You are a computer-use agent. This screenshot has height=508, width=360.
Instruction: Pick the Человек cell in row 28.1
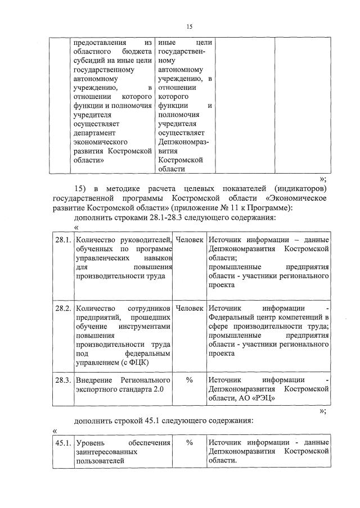pos(190,240)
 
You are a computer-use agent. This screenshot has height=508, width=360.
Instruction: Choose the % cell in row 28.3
pos(190,380)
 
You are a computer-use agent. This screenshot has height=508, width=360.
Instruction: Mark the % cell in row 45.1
pos(190,443)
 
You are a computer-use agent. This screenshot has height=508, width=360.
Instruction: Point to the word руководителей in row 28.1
pos(143,240)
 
